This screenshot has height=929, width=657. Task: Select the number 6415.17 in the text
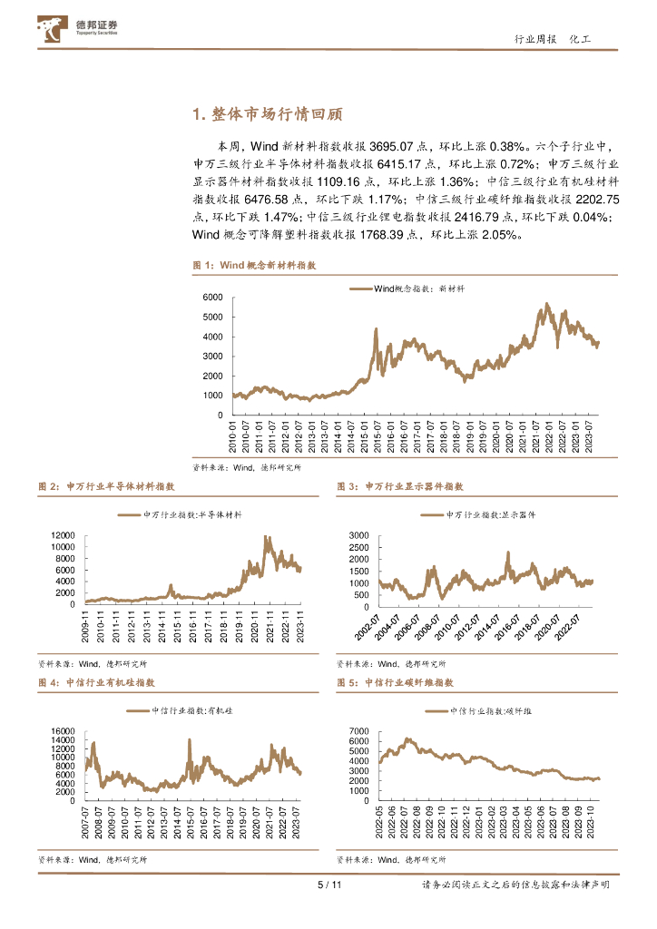(399, 164)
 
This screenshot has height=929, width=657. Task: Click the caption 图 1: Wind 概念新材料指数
(254, 265)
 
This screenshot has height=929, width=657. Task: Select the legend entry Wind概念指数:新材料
(407, 288)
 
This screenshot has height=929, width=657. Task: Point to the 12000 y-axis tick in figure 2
(63, 535)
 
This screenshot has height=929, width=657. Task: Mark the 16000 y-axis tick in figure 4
(63, 730)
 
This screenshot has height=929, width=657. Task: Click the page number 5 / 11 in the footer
(328, 885)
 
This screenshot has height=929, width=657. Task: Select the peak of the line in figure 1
(546, 304)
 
